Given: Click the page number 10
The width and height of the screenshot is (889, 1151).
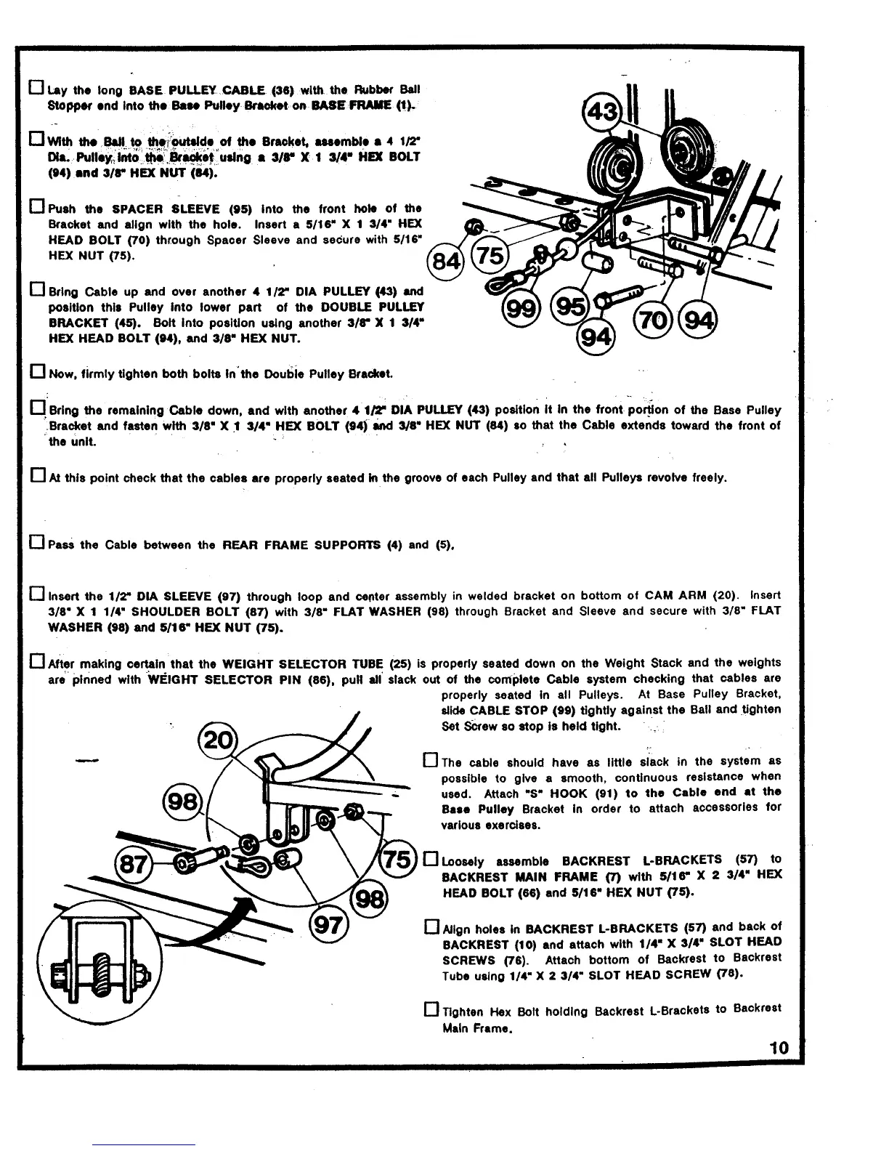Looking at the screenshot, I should (x=779, y=1048).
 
